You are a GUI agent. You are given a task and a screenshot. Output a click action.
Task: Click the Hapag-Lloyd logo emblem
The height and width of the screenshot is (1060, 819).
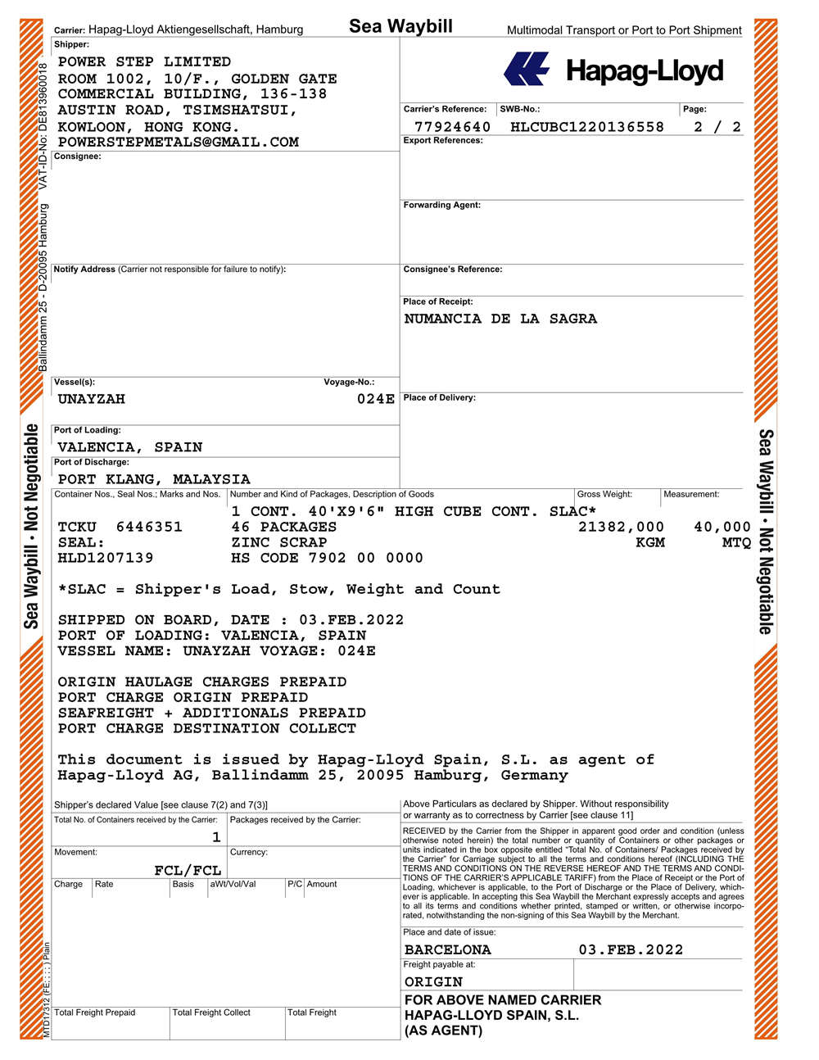click(527, 69)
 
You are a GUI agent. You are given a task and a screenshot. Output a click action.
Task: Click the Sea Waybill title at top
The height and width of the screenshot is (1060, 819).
click(400, 26)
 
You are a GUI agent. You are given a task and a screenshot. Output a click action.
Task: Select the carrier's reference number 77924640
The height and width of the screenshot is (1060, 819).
click(452, 127)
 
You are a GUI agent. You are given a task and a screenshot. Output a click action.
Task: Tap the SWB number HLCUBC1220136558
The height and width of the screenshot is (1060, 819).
click(586, 127)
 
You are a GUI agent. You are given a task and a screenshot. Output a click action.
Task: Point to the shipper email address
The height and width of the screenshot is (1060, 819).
click(178, 142)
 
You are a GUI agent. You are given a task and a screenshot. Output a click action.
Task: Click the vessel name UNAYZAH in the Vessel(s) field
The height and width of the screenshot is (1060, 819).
click(91, 399)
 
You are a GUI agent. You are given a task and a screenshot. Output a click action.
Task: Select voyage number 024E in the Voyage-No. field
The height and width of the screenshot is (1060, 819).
click(375, 399)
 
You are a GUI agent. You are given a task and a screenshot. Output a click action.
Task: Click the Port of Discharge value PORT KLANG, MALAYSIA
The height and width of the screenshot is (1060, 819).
click(154, 479)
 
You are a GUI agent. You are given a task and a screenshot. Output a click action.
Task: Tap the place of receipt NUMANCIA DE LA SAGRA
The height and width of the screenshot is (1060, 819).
click(500, 319)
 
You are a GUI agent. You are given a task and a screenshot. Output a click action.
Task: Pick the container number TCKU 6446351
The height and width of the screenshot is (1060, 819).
click(120, 527)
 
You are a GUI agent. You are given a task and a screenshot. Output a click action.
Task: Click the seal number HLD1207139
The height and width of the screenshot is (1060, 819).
click(105, 558)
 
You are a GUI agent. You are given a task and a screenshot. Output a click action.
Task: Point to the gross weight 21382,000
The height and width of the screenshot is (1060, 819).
click(621, 527)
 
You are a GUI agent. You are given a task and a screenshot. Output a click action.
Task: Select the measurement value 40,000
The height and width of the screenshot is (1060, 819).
click(722, 527)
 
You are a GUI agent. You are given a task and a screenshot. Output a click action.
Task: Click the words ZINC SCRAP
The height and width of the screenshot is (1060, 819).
click(278, 542)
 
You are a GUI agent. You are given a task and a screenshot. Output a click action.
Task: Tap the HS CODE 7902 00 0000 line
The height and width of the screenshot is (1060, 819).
click(327, 558)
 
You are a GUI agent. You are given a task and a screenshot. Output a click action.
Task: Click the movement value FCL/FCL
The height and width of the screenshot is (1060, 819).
click(188, 870)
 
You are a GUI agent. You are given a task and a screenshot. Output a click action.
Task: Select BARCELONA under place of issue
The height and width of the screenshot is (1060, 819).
click(447, 949)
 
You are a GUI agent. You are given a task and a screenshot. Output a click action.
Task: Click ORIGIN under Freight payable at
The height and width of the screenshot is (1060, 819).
click(433, 981)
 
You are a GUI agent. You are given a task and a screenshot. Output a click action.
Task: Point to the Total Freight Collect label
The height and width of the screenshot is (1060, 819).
click(211, 1012)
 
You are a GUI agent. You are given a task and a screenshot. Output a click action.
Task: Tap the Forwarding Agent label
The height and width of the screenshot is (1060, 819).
click(441, 205)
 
